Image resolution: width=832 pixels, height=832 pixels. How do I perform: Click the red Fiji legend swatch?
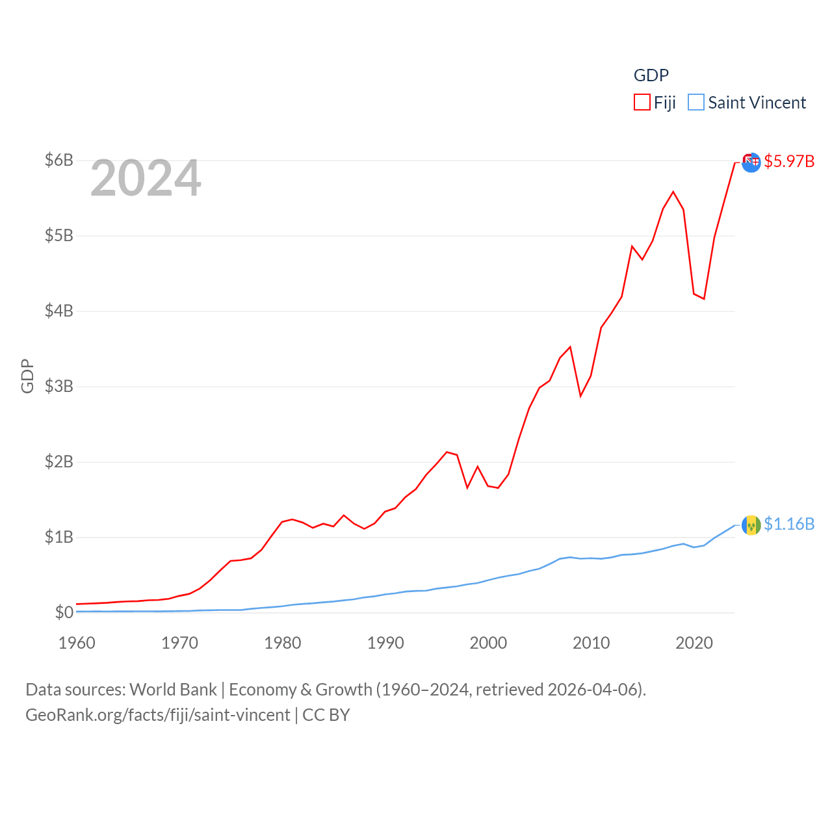(x=642, y=103)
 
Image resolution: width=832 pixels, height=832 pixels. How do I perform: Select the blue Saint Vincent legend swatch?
(x=695, y=103)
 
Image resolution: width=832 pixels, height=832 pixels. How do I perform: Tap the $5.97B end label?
(x=788, y=161)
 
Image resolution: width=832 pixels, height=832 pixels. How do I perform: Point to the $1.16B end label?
(x=788, y=524)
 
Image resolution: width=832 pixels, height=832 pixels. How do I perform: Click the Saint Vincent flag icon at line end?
(x=751, y=525)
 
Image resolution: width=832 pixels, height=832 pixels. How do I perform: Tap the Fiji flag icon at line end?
(x=751, y=162)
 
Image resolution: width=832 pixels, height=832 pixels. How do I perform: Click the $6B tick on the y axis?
(x=58, y=160)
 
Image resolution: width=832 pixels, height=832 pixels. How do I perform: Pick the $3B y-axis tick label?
(x=58, y=386)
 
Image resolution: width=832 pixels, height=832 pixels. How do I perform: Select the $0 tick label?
(x=64, y=612)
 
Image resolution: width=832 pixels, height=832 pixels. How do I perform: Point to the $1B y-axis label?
(x=58, y=537)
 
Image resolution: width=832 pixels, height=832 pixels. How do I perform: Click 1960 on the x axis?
(x=77, y=643)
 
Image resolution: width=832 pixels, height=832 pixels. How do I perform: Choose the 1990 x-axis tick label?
(x=385, y=643)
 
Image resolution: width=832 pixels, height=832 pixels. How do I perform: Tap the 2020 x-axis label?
(x=694, y=643)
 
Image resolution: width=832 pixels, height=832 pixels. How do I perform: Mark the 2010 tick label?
(x=591, y=643)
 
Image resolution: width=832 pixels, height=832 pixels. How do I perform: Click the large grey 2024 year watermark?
(x=146, y=178)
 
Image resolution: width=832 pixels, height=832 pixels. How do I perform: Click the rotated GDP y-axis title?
(x=27, y=376)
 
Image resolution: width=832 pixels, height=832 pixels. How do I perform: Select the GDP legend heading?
(x=651, y=75)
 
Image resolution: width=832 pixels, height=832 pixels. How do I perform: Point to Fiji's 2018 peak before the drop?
(x=673, y=192)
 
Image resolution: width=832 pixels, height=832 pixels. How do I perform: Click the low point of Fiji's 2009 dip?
(x=580, y=396)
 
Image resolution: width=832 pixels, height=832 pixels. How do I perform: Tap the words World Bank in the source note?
(x=173, y=689)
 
